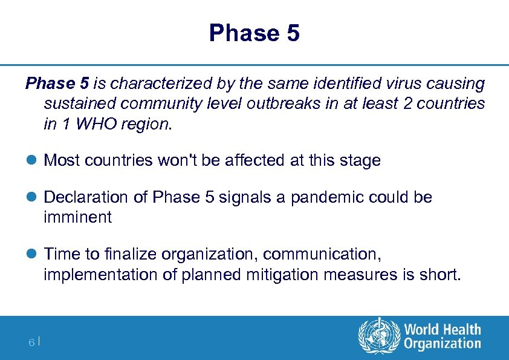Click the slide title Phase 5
pos(254,33)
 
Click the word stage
pos(360,161)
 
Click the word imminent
pos(77,217)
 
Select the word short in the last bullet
pos(443,275)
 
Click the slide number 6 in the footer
pos(31,343)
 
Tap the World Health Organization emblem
pos(378,337)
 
